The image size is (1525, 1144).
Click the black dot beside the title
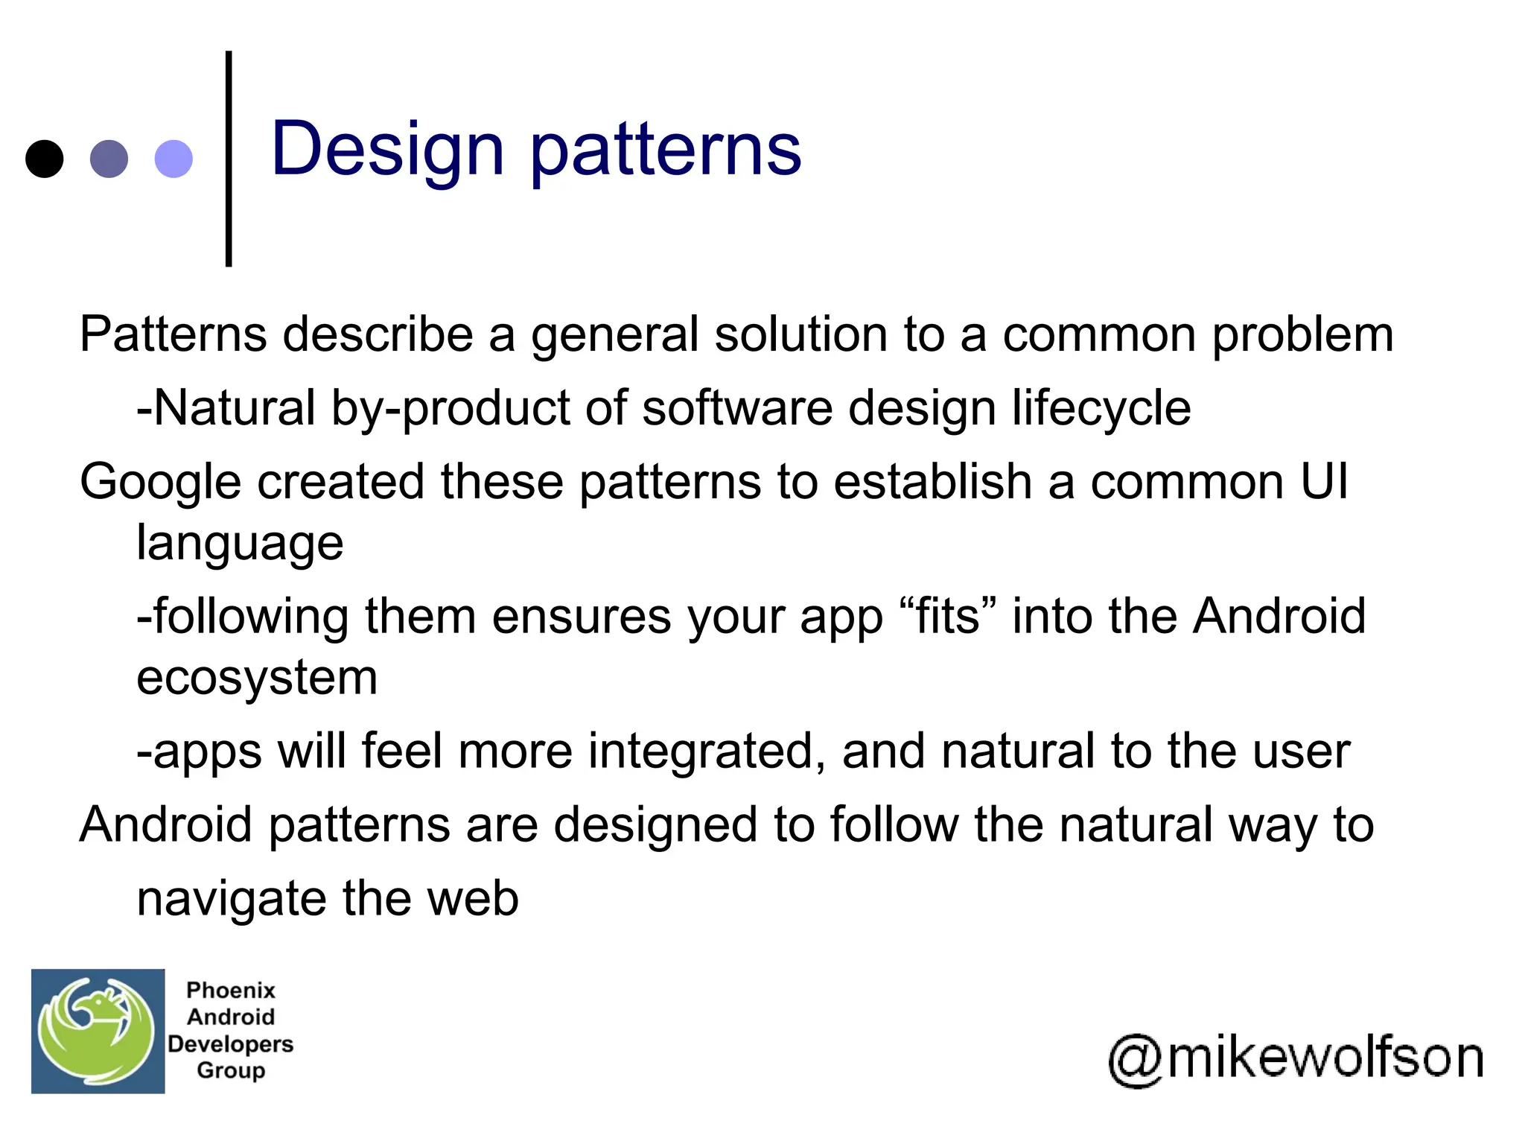pos(44,159)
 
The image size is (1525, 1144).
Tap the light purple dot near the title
pos(173,159)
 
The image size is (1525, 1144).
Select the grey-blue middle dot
pos(109,159)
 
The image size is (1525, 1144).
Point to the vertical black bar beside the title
pos(229,159)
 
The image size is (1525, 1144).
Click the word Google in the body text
pos(160,483)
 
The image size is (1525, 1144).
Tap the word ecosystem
pos(257,678)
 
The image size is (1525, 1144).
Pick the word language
pos(240,544)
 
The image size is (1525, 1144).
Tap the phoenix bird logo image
pos(98,1031)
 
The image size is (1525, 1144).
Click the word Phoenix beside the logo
pos(230,991)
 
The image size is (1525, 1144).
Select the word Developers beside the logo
pos(230,1044)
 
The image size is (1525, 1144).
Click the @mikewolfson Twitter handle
pos(1296,1058)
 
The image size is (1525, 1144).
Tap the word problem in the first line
pos(1302,335)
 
